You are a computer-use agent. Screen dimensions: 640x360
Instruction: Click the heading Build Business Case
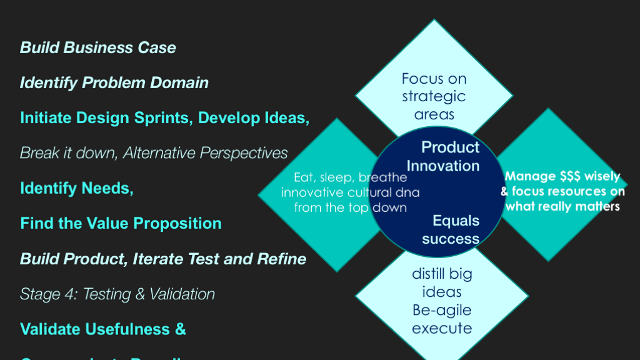coord(98,48)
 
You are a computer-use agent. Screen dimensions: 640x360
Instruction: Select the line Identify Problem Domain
coord(114,83)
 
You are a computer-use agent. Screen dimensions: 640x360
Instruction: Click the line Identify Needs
coord(77,188)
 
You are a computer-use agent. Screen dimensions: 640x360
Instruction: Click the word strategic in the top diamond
coord(434,97)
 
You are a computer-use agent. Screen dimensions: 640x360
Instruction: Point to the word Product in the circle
coord(451,147)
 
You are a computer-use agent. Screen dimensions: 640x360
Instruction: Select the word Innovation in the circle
coord(443,166)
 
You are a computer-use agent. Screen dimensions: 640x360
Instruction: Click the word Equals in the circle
coord(456,221)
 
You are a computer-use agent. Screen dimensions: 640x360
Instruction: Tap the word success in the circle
coord(451,239)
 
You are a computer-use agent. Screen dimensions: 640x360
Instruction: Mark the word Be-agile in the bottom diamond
coord(442,311)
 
